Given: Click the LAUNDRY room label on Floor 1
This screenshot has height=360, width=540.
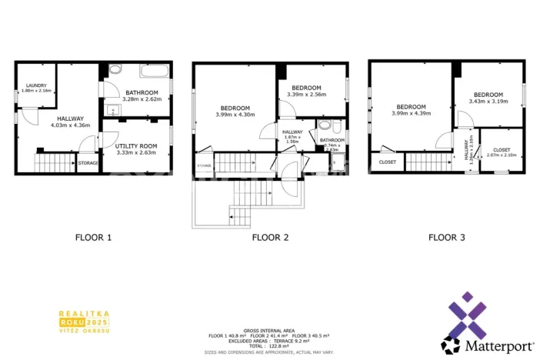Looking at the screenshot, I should pos(36,85).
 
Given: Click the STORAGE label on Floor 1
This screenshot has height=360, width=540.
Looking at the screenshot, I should pos(88,163).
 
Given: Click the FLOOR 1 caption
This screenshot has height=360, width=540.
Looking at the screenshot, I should pos(93,238).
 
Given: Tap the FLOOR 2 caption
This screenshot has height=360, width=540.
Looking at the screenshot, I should pos(270,238).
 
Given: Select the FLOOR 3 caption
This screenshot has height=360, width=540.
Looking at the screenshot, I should pos(447,238).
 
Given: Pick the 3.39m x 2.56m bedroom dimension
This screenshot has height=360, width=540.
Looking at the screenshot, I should pos(307,95).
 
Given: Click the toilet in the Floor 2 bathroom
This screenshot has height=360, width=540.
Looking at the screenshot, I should pos(325,126).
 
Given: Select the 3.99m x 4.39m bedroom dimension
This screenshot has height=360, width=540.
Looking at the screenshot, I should pos(411,114).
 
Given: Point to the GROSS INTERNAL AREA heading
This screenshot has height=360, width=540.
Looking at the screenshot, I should pos(270,329).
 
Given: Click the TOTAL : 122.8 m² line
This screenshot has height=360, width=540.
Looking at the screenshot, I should pos(270,346).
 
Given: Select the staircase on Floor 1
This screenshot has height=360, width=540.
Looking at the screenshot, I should pos(52,164).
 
